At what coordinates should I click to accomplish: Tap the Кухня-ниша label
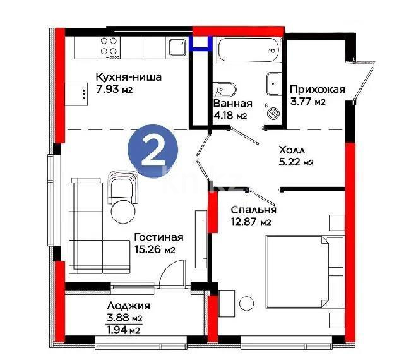pos(128,77)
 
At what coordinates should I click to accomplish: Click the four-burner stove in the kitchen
pos(109,47)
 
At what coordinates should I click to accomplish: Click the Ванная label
pos(233,104)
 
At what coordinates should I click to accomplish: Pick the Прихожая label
pos(317,90)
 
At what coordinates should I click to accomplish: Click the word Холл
pos(293,150)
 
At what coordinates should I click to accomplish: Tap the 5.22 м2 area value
pos(297,162)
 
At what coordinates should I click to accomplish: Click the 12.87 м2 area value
pos(251,222)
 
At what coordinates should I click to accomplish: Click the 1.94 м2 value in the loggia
pos(123,330)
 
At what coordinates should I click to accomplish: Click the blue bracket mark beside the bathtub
pos(201,42)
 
